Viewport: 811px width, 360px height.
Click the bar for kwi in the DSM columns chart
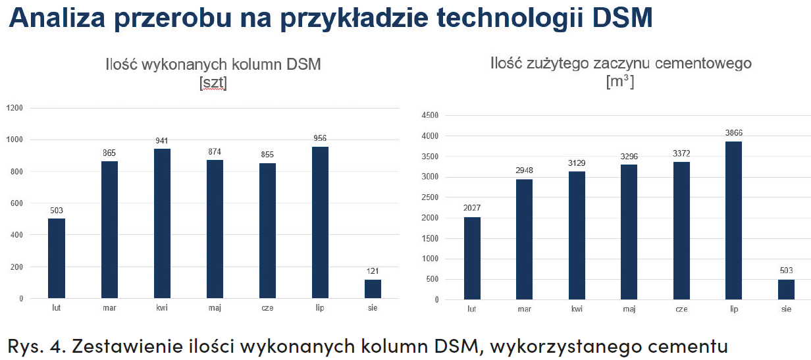click(x=162, y=224)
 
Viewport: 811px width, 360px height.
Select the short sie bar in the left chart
click(x=373, y=289)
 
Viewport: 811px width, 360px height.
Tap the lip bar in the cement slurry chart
click(x=734, y=220)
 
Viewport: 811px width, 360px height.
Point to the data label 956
click(x=320, y=138)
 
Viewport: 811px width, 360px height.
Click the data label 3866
click(x=733, y=133)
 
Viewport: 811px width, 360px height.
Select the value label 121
click(x=373, y=271)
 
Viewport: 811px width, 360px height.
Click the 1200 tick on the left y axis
click(x=14, y=108)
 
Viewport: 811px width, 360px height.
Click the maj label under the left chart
click(x=215, y=307)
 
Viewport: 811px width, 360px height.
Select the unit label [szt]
click(x=213, y=84)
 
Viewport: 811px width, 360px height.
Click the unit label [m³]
click(x=620, y=82)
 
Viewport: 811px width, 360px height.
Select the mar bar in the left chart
click(x=109, y=230)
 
